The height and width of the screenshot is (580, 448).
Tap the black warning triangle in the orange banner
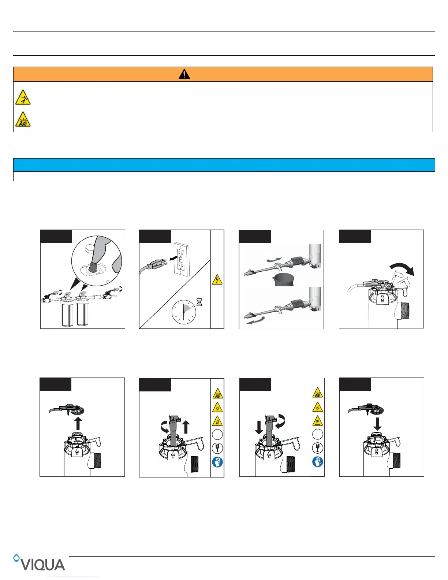pos(184,74)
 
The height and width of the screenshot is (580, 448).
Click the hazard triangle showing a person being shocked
pos(23,97)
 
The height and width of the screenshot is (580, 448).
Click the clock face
pos(184,312)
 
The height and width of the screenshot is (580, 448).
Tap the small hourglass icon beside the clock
pos(199,302)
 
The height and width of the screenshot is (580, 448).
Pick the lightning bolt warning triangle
pos(217,279)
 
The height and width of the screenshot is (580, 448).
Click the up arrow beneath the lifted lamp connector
pos(78,424)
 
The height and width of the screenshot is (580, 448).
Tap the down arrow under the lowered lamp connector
pos(377,424)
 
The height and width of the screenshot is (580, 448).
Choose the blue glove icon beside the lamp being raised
pos(217,462)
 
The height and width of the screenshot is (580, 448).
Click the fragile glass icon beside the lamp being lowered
pos(318,448)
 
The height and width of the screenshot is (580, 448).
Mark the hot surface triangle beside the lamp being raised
pos(217,421)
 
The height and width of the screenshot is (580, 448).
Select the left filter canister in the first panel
pos(67,313)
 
